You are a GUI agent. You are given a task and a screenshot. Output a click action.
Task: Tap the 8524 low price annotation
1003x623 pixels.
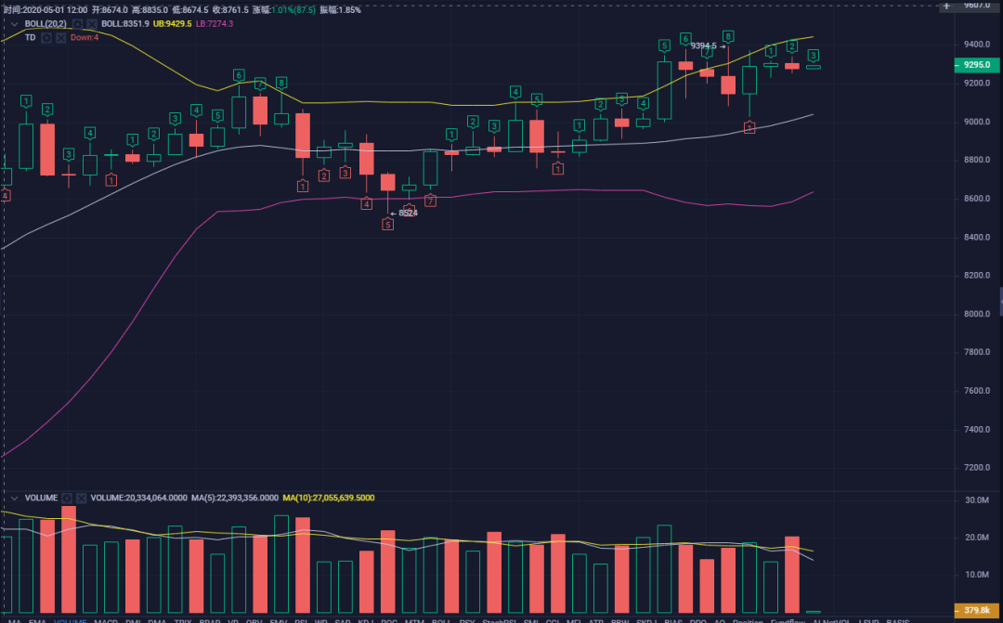click(408, 213)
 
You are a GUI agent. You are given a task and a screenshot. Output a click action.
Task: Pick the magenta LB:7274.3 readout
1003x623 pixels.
click(215, 23)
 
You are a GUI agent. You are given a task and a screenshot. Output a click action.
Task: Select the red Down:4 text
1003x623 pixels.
click(85, 37)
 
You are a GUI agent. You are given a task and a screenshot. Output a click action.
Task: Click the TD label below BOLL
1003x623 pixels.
click(30, 37)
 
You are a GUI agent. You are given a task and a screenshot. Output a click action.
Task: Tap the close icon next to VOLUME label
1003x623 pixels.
click(81, 498)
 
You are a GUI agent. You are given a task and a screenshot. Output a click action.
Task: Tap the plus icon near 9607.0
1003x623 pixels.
click(946, 6)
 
